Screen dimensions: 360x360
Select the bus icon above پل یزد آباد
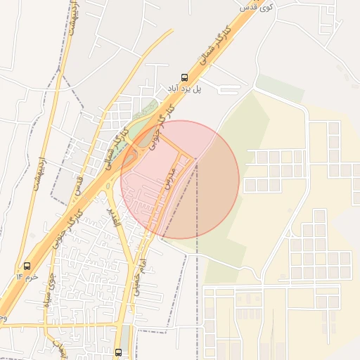184,77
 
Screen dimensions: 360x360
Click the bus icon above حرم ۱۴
27,266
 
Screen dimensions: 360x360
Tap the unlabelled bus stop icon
118,352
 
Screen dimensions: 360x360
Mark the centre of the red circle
180,179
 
